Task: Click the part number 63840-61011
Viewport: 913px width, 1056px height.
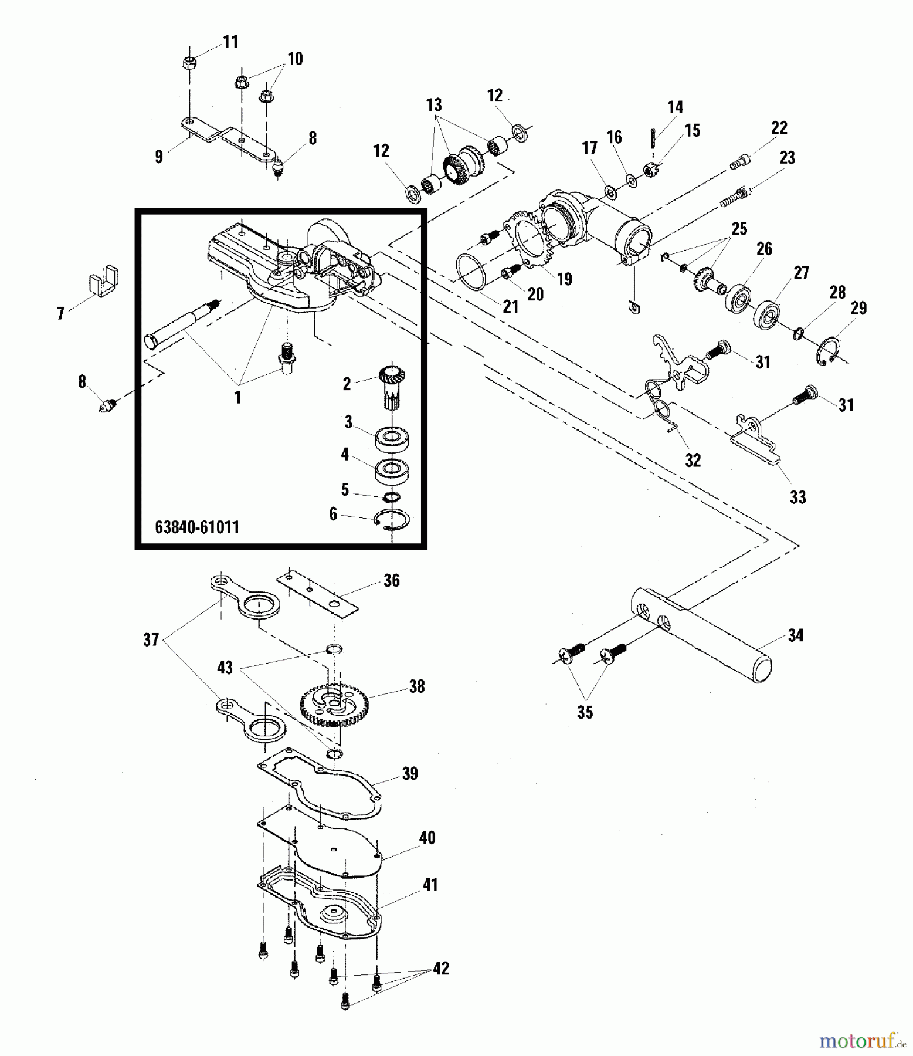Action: (x=197, y=527)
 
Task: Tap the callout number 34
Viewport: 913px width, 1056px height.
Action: (x=795, y=635)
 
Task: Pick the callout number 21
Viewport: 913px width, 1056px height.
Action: (x=511, y=306)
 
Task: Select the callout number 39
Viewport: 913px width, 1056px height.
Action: (x=410, y=773)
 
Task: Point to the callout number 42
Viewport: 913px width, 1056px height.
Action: (x=441, y=969)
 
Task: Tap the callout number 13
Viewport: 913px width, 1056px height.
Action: (x=433, y=106)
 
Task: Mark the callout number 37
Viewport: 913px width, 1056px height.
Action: (x=151, y=639)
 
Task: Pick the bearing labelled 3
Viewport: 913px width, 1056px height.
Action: (x=392, y=438)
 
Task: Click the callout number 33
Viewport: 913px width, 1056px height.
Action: (x=797, y=497)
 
